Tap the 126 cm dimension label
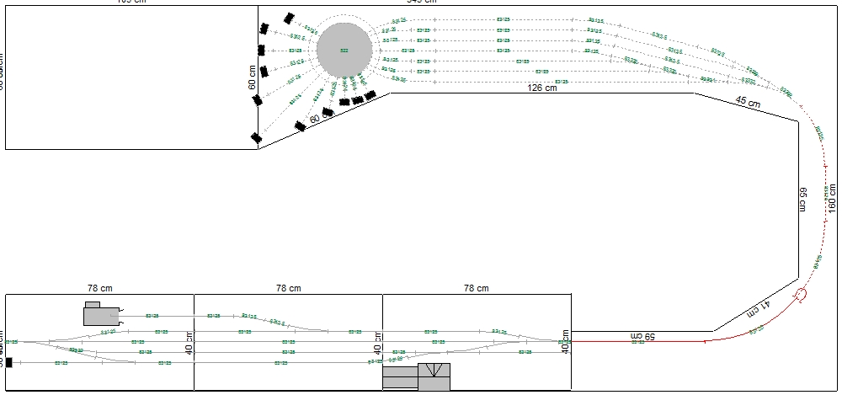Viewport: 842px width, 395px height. [542, 88]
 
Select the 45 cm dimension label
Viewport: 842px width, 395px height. [748, 103]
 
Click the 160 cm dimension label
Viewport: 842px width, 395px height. [833, 198]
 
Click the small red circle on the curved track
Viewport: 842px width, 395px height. [801, 294]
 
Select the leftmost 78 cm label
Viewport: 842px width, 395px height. [100, 288]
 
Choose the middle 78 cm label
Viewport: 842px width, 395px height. [288, 288]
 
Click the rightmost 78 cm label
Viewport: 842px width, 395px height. [477, 288]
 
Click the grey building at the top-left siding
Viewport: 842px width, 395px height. [99, 313]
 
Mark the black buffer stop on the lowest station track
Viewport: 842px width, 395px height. [9, 363]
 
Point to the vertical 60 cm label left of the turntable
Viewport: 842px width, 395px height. [252, 77]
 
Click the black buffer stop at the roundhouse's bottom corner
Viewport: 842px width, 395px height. [256, 137]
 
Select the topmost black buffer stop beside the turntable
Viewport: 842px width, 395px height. [290, 17]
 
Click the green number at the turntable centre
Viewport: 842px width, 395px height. [344, 51]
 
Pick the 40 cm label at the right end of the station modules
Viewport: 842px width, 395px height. [567, 341]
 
